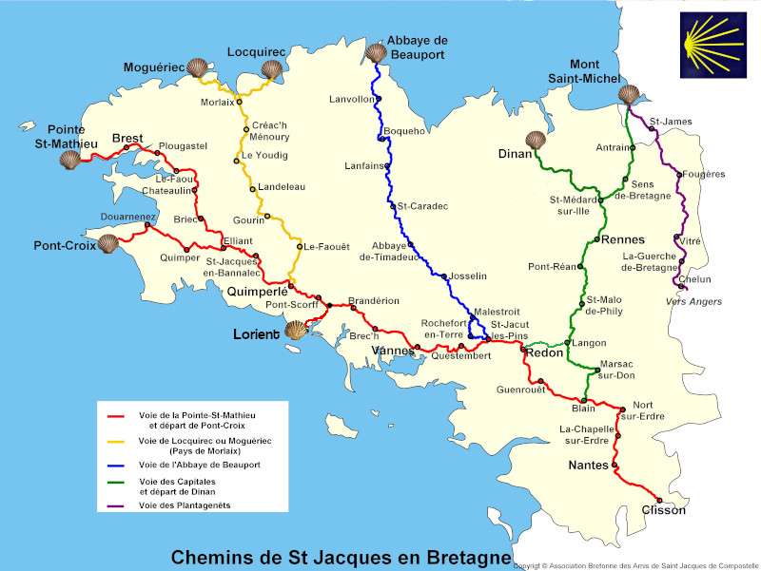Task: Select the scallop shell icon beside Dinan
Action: (536, 141)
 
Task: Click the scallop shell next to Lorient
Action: (297, 330)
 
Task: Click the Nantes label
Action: (587, 466)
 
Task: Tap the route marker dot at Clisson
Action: (658, 499)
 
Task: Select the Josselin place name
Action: (467, 276)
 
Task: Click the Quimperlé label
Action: (256, 293)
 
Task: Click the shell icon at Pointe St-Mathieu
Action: (70, 158)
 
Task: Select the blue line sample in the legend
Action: (117, 466)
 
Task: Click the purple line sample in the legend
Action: (117, 505)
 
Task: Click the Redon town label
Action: (544, 352)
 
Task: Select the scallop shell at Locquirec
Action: (272, 68)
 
